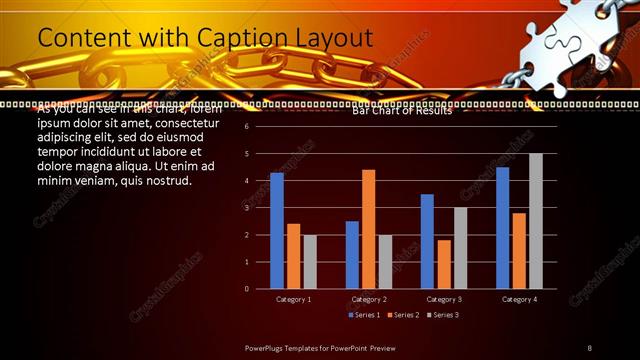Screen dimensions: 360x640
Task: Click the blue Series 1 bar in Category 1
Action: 277,231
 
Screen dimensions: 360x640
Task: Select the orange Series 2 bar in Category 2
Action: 368,229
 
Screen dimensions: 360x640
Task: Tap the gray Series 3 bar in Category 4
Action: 535,221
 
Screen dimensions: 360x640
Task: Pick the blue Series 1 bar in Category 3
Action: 427,241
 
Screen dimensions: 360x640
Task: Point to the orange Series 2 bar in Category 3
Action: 443,264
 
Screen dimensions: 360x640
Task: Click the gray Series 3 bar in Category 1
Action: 310,262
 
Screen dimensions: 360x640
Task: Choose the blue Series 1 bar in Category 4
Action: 502,228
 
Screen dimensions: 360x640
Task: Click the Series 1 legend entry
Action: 364,315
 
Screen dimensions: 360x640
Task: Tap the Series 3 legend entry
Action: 443,315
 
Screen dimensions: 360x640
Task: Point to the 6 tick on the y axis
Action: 245,127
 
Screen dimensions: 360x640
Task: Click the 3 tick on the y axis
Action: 245,208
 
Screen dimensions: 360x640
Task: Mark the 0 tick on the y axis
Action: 245,289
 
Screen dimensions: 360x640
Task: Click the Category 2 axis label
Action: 368,299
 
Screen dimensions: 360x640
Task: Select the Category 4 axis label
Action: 519,299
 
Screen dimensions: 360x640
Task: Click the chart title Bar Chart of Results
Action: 402,111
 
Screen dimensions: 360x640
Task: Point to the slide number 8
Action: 590,347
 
